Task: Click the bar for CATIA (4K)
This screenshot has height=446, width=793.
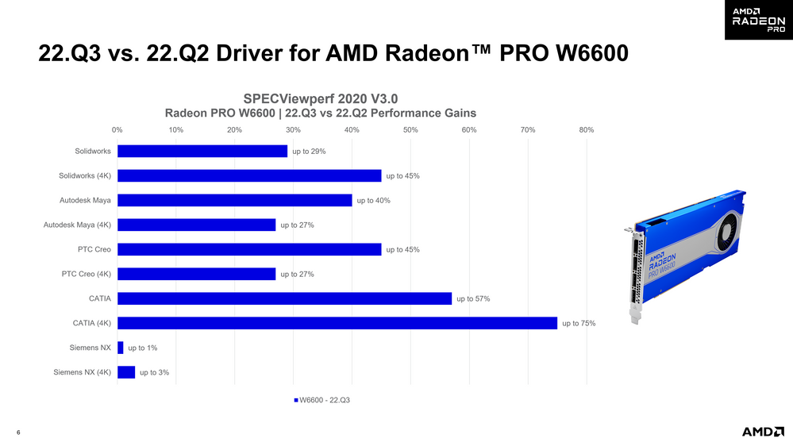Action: coord(337,323)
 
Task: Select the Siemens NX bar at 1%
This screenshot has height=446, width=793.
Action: coord(121,348)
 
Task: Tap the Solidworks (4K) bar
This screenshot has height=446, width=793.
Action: coord(249,175)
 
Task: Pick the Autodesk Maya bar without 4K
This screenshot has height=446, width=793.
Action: coord(234,200)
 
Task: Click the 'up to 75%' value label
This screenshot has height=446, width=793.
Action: coord(579,323)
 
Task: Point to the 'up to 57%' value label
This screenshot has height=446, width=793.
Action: coord(473,299)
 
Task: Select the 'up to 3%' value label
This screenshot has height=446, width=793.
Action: coord(154,372)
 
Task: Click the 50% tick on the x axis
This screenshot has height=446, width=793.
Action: coord(410,129)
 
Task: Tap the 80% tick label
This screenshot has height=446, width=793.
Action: coord(587,129)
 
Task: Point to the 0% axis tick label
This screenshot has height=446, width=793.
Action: coord(117,129)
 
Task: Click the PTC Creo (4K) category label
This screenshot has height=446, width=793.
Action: coord(87,275)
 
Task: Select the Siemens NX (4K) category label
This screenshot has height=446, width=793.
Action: coord(83,372)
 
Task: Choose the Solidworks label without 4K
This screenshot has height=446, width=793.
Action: coord(93,151)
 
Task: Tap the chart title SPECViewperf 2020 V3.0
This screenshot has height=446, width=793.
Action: coord(320,98)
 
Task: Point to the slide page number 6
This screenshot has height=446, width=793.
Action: coord(18,433)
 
